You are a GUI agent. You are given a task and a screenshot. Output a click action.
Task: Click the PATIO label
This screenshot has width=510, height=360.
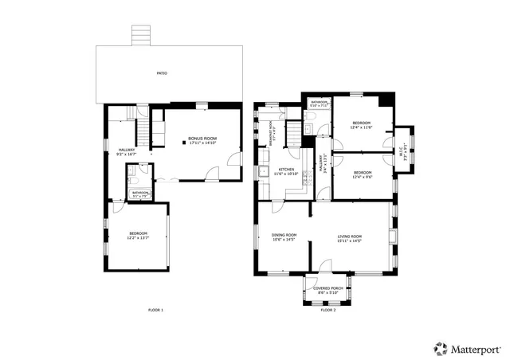click(x=162, y=73)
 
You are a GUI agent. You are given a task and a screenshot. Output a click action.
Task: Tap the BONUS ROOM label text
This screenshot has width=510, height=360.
click(x=202, y=139)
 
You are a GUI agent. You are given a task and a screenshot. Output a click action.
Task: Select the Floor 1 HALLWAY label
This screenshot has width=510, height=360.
click(x=127, y=149)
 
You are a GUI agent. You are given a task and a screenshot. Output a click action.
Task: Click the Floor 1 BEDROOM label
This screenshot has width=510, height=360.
click(x=138, y=233)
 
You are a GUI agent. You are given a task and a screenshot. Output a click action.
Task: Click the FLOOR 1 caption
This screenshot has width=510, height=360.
click(x=155, y=309)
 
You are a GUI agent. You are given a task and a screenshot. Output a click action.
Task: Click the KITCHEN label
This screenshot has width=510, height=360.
click(x=286, y=169)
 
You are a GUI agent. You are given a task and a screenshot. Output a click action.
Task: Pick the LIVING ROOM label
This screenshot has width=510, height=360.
click(x=350, y=237)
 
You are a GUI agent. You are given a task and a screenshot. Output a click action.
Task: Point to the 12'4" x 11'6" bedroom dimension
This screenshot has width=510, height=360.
click(x=362, y=127)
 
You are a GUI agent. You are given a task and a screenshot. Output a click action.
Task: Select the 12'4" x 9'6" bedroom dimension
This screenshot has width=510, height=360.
click(x=363, y=177)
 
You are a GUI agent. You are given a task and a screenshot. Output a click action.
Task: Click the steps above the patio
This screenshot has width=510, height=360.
click(x=142, y=34)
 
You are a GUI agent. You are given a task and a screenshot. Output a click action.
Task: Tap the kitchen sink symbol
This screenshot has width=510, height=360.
click(x=261, y=170)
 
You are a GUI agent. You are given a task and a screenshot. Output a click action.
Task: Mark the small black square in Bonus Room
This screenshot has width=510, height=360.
click(x=182, y=146)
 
